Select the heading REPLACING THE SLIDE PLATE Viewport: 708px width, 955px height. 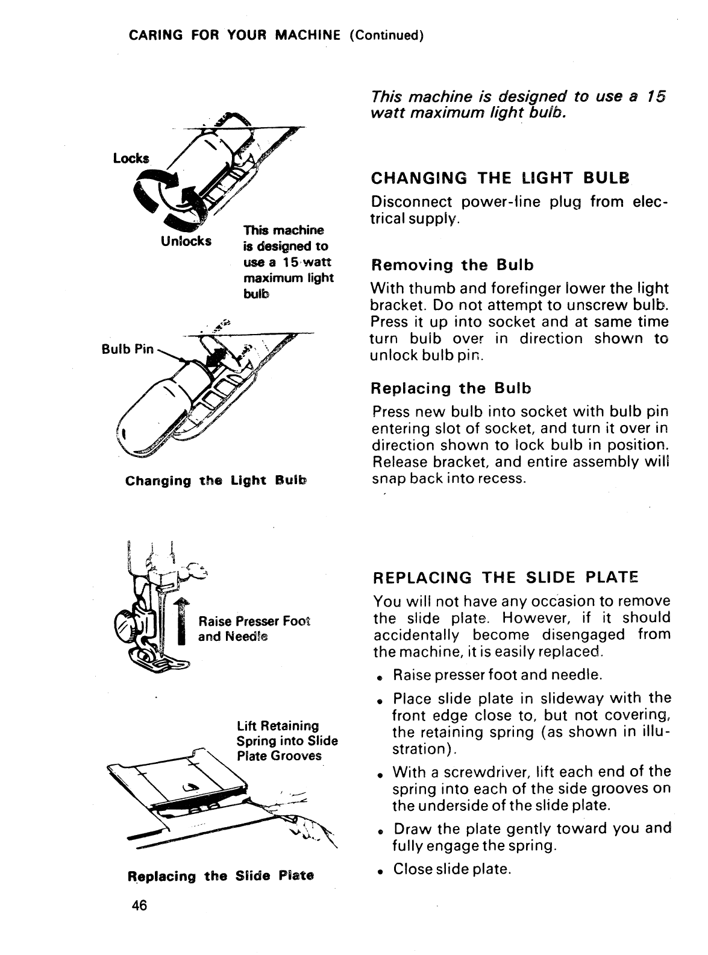click(x=505, y=578)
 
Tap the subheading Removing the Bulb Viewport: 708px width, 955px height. click(x=453, y=265)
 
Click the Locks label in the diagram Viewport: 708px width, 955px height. click(x=130, y=159)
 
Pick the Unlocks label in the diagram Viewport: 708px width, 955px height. click(x=186, y=241)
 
